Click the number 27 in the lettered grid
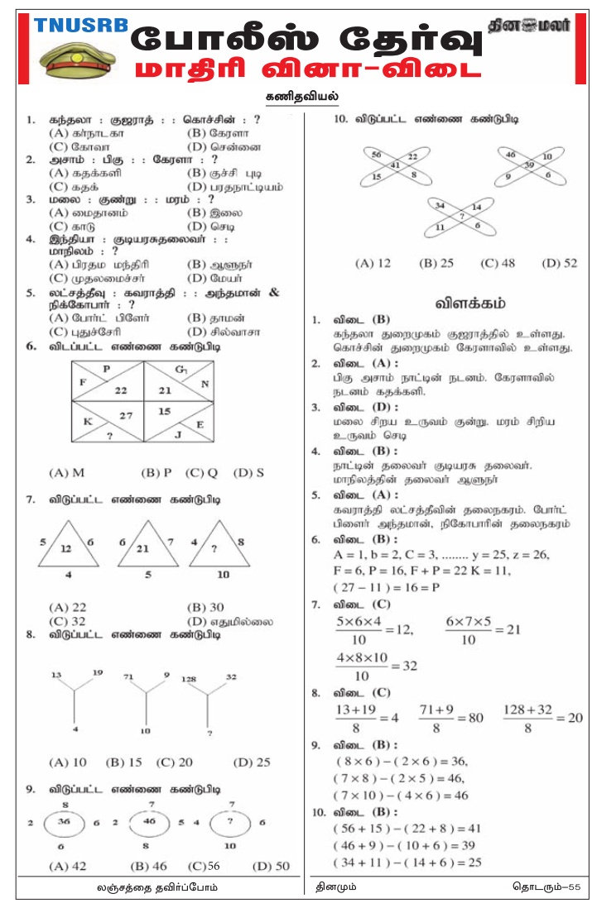point(126,416)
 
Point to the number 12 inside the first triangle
point(66,549)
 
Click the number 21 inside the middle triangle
point(142,548)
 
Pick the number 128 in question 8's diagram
point(190,677)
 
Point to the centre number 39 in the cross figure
point(529,165)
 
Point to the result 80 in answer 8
point(475,718)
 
